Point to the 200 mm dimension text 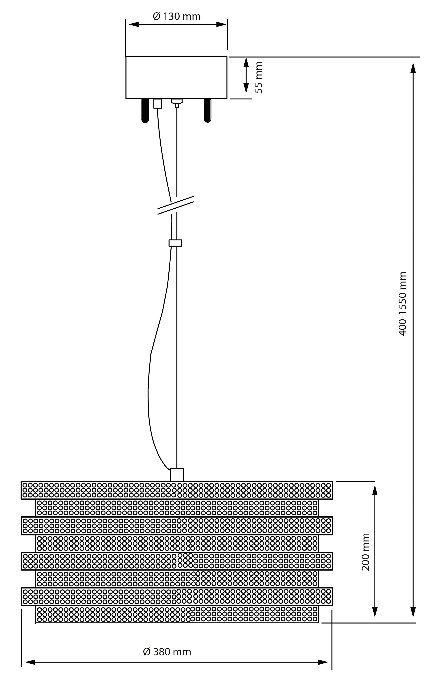[366, 552]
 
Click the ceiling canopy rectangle [176, 77]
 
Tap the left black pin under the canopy [145, 111]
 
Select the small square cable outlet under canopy [158, 103]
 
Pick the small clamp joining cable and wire [175, 243]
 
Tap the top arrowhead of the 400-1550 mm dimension [413, 68]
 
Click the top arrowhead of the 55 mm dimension [246, 62]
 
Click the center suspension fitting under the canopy [177, 103]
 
